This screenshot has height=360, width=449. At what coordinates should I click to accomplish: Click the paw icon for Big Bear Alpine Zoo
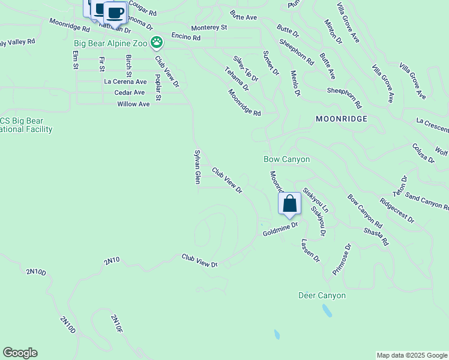[x=157, y=42]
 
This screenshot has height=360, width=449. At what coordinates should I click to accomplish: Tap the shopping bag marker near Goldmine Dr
[x=289, y=204]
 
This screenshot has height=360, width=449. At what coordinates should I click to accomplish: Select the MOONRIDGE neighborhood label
[x=341, y=119]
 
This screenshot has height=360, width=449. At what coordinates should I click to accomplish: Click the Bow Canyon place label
[x=287, y=159]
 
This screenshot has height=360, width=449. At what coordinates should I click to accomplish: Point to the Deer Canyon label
[x=322, y=295]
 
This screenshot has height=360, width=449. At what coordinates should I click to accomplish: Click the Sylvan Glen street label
[x=196, y=167]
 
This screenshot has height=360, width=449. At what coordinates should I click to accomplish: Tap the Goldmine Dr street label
[x=280, y=229]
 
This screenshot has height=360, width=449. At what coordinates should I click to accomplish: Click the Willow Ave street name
[x=133, y=104]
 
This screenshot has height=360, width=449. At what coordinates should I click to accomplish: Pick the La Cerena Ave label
[x=125, y=82]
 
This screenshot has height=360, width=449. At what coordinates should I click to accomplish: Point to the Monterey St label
[x=209, y=28]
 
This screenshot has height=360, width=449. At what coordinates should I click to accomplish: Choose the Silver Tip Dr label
[x=246, y=68]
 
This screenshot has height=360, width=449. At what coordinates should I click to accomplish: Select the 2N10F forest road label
[x=116, y=323]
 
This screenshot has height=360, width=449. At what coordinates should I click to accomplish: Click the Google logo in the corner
[x=20, y=353]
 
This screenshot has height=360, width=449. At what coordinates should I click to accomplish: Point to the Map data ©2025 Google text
[x=411, y=355]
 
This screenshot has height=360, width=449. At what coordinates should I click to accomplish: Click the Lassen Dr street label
[x=310, y=251]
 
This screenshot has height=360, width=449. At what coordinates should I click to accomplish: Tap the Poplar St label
[x=158, y=88]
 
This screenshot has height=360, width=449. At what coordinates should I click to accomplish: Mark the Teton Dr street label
[x=400, y=187]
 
